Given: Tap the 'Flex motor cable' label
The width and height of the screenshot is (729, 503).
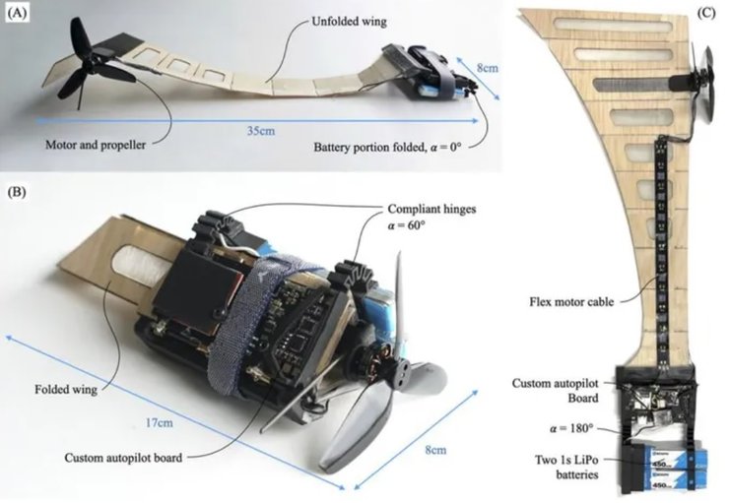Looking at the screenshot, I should tap(573, 302).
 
